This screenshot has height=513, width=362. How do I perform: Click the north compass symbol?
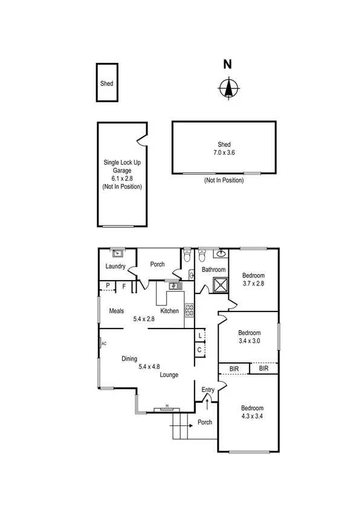click(x=227, y=88)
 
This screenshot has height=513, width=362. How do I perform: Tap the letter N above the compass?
click(x=227, y=64)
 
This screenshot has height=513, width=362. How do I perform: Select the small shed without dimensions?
click(x=106, y=83)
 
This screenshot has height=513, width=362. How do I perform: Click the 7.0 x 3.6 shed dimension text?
click(x=224, y=153)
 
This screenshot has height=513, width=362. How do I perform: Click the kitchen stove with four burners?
click(x=189, y=310)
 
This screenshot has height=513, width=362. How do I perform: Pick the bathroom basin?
click(x=222, y=253)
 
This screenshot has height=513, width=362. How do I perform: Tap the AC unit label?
click(x=103, y=344)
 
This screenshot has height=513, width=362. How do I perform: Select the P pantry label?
click(x=108, y=286)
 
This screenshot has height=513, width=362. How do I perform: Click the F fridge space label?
click(x=124, y=286)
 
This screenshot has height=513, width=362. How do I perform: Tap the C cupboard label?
click(x=199, y=350)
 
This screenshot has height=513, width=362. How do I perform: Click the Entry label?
click(x=207, y=390)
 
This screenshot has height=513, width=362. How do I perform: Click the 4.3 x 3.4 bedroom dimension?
click(x=249, y=417)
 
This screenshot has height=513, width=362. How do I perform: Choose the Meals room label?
click(x=116, y=311)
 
